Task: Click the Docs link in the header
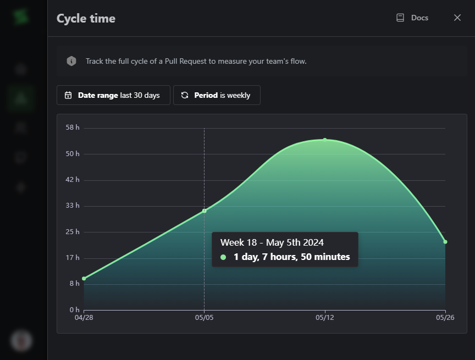click(x=413, y=18)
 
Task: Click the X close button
click(x=457, y=18)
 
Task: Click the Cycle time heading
click(x=86, y=18)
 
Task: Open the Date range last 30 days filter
click(x=113, y=95)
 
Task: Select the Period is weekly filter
click(x=217, y=95)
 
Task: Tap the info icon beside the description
click(x=71, y=61)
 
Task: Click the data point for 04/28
click(x=84, y=278)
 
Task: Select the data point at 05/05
click(x=205, y=211)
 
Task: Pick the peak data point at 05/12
click(x=325, y=140)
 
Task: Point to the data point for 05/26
click(x=445, y=242)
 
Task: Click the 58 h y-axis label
click(x=73, y=128)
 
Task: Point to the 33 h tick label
click(x=73, y=206)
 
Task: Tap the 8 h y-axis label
click(x=74, y=284)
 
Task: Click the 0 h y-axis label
click(x=74, y=309)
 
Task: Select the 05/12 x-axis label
click(x=325, y=317)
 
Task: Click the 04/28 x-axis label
click(x=84, y=317)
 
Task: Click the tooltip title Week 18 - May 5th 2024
click(x=272, y=242)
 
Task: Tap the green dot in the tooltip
click(x=223, y=257)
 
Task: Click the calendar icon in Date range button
click(x=68, y=95)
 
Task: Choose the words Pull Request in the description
click(x=182, y=61)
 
